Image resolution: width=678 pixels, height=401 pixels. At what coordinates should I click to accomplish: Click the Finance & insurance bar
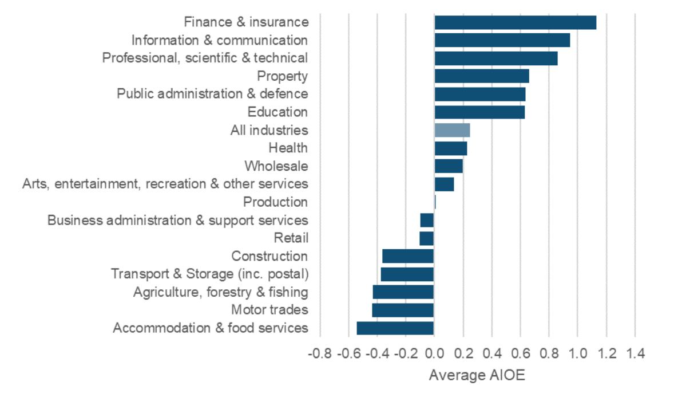click(x=515, y=22)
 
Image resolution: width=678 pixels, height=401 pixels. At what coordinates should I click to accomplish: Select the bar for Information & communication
click(x=502, y=40)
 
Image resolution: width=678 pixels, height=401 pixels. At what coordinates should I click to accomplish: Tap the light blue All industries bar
click(x=452, y=130)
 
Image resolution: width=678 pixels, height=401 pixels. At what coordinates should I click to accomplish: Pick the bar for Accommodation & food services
click(x=395, y=328)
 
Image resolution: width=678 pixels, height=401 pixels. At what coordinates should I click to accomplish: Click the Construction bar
click(x=408, y=256)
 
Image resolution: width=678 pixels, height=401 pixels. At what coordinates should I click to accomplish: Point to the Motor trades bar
click(x=403, y=310)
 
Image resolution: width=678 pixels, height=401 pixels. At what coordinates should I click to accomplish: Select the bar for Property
click(x=482, y=76)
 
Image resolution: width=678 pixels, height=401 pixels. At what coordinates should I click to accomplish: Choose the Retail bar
click(x=427, y=238)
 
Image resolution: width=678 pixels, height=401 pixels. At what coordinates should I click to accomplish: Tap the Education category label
click(x=277, y=112)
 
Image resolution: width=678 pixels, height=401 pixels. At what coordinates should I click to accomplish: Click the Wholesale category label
click(x=276, y=166)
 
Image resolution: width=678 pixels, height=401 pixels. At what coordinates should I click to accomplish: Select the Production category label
click(x=275, y=202)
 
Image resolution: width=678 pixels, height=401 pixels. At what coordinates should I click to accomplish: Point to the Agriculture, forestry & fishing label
click(x=220, y=292)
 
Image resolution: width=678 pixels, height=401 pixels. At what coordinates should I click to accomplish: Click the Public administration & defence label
click(x=212, y=94)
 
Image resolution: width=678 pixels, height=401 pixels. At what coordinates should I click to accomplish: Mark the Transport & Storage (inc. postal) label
click(x=209, y=274)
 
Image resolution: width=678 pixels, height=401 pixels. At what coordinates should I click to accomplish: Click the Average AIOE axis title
click(x=477, y=376)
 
